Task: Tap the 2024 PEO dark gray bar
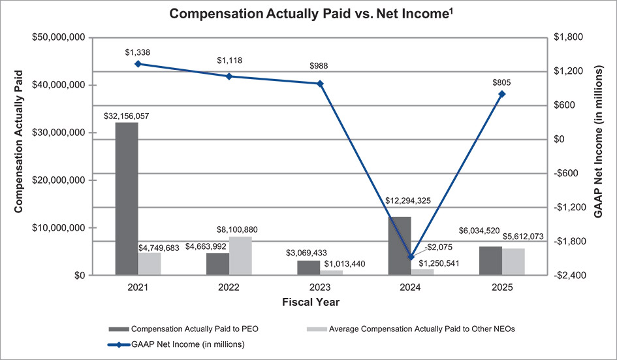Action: pos(400,246)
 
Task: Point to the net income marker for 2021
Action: pos(138,64)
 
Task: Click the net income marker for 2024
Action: pos(411,257)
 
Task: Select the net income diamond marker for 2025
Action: pos(502,94)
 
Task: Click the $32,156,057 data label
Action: pos(127,116)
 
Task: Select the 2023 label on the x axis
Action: pos(320,287)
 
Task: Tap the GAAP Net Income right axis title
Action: pos(598,157)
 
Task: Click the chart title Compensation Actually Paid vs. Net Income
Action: pos(308,14)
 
